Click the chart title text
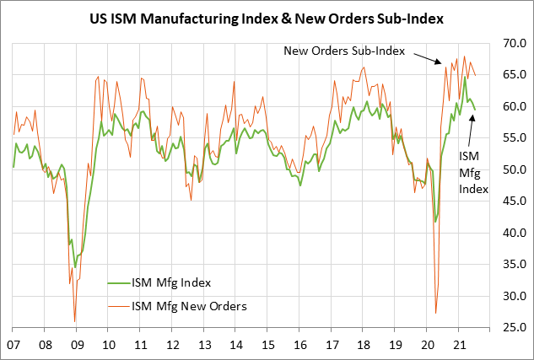[267, 16]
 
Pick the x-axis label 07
[13, 345]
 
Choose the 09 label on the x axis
[76, 345]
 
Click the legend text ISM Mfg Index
[171, 282]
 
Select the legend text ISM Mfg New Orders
[189, 305]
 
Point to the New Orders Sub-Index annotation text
[344, 51]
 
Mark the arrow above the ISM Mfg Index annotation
[472, 130]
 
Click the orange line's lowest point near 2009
[75, 321]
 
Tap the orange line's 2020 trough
[435, 313]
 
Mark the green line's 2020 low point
[435, 222]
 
